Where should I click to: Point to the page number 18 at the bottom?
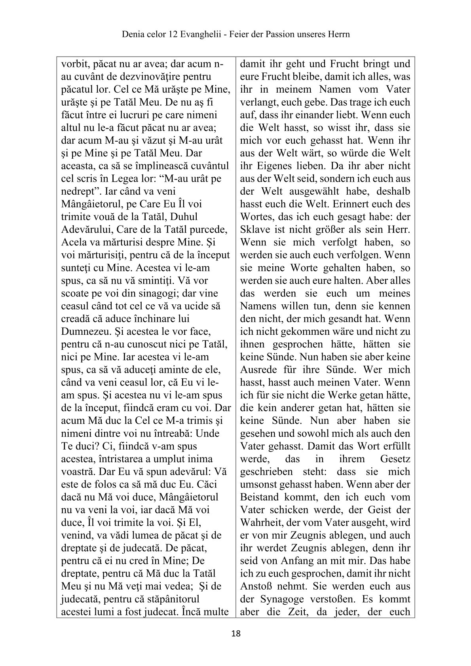point(235,634)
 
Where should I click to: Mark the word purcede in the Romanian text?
point(213,230)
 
